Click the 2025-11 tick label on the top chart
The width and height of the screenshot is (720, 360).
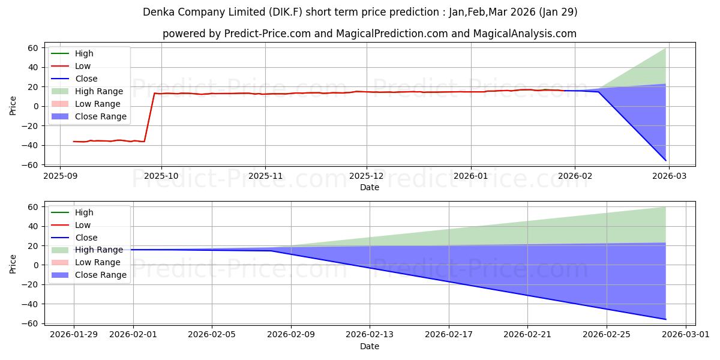(265, 177)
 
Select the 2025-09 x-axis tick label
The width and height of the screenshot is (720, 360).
(60, 177)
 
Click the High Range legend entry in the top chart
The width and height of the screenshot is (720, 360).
(98, 91)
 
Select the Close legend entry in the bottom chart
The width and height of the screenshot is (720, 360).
(86, 238)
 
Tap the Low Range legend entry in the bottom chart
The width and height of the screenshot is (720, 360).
(98, 262)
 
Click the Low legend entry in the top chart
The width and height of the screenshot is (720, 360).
(82, 66)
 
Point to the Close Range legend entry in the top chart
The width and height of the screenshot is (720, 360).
(100, 116)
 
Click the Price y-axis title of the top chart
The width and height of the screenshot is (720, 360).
(13, 106)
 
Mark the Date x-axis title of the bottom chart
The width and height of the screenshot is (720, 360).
(370, 347)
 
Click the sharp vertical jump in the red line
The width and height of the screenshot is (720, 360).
(149, 117)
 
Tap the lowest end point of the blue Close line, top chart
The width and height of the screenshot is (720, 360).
(665, 160)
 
